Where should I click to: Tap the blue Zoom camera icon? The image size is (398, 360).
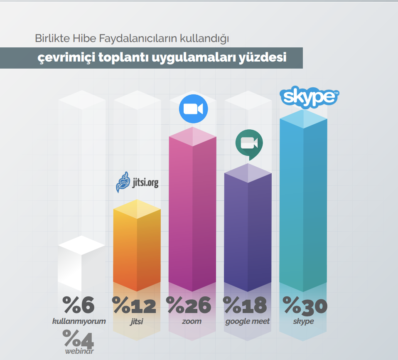193,109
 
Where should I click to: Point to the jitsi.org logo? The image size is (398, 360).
137,182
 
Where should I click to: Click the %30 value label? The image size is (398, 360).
305,306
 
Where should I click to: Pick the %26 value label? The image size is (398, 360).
189,306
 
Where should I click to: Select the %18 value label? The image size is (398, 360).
245,306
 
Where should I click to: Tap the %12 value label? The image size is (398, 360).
134,306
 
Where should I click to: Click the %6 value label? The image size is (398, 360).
79,305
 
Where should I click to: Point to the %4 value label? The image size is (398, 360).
79,338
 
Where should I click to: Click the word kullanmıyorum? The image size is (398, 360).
79,321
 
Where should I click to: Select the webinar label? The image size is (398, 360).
79,351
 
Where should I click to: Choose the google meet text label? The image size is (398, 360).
248,321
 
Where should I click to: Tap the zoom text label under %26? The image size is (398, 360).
192,321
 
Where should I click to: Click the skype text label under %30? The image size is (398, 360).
303,321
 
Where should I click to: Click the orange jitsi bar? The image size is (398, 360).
137,249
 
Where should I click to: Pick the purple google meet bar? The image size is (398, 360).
248,233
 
